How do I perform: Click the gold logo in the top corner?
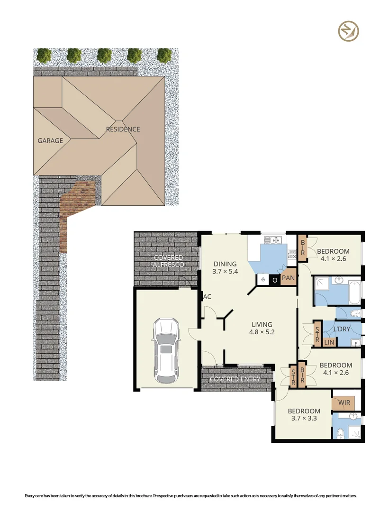348,32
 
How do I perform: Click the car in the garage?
166,350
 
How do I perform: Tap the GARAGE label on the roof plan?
50,141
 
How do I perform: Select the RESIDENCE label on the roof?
123,129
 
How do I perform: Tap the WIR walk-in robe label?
344,403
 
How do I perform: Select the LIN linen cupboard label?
329,341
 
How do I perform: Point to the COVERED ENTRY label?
235,379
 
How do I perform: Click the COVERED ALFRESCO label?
168,261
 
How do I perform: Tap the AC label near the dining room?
207,297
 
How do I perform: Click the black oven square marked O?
274,280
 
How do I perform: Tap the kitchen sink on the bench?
273,240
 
